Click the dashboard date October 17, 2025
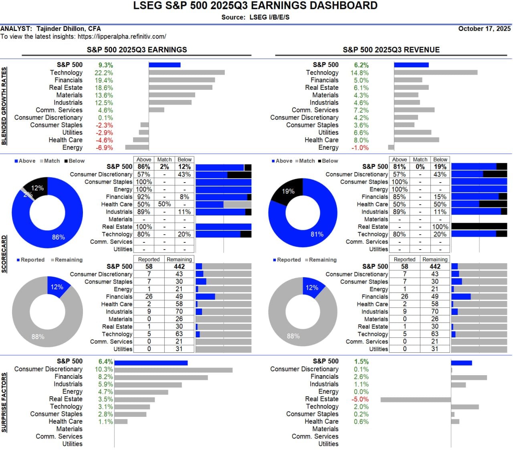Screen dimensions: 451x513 pyautogui.click(x=484, y=28)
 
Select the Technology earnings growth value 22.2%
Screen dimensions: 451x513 pyautogui.click(x=104, y=73)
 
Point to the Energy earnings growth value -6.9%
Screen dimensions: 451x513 pyautogui.click(x=104, y=148)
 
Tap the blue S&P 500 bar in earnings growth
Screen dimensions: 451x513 pyautogui.click(x=164, y=65)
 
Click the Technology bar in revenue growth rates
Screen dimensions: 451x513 pyautogui.click(x=436, y=73)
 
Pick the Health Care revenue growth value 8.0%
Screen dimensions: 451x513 pyautogui.click(x=361, y=140)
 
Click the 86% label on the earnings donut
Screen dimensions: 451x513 pyautogui.click(x=59, y=237)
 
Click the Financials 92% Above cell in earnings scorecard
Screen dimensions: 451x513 pyautogui.click(x=144, y=197)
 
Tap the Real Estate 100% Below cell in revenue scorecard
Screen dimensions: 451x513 pyautogui.click(x=440, y=227)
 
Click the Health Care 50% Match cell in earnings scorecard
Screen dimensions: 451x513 pyautogui.click(x=164, y=204)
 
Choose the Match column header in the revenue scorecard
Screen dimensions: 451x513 pyautogui.click(x=420, y=159)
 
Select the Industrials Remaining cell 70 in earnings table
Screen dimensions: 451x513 pyautogui.click(x=179, y=311)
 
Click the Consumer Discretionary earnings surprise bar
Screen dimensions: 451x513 pyautogui.click(x=174, y=370)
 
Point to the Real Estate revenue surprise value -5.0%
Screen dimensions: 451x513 pyautogui.click(x=360, y=399)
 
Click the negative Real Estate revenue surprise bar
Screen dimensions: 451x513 pyautogui.click(x=416, y=400)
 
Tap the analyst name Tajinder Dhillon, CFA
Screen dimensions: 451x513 pyautogui.click(x=69, y=28)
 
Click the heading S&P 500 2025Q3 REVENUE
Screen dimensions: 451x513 pyautogui.click(x=391, y=50)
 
